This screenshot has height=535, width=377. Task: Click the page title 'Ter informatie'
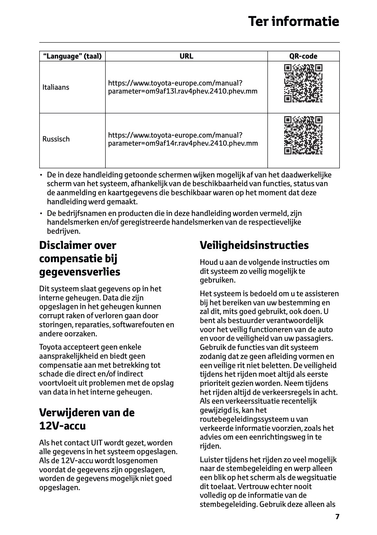click(294, 22)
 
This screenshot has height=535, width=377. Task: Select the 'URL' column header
click(186, 56)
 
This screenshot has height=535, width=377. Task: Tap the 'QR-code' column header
click(303, 56)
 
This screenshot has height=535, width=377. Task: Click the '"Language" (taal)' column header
click(72, 56)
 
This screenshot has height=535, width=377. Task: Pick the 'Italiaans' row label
click(56, 87)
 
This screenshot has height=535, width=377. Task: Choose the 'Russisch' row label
click(56, 139)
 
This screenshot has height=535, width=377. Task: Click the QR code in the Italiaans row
click(303, 84)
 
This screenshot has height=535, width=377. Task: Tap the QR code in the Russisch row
click(303, 135)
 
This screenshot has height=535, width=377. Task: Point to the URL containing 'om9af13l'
click(183, 87)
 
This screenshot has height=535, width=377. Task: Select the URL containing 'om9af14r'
click(183, 139)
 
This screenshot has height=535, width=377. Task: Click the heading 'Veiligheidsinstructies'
click(254, 245)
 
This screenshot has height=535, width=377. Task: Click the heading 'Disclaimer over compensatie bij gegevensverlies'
click(80, 259)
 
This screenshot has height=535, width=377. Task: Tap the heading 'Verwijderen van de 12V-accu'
click(87, 419)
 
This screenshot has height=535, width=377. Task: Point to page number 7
click(337, 517)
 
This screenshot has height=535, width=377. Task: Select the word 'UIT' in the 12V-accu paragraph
click(97, 443)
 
